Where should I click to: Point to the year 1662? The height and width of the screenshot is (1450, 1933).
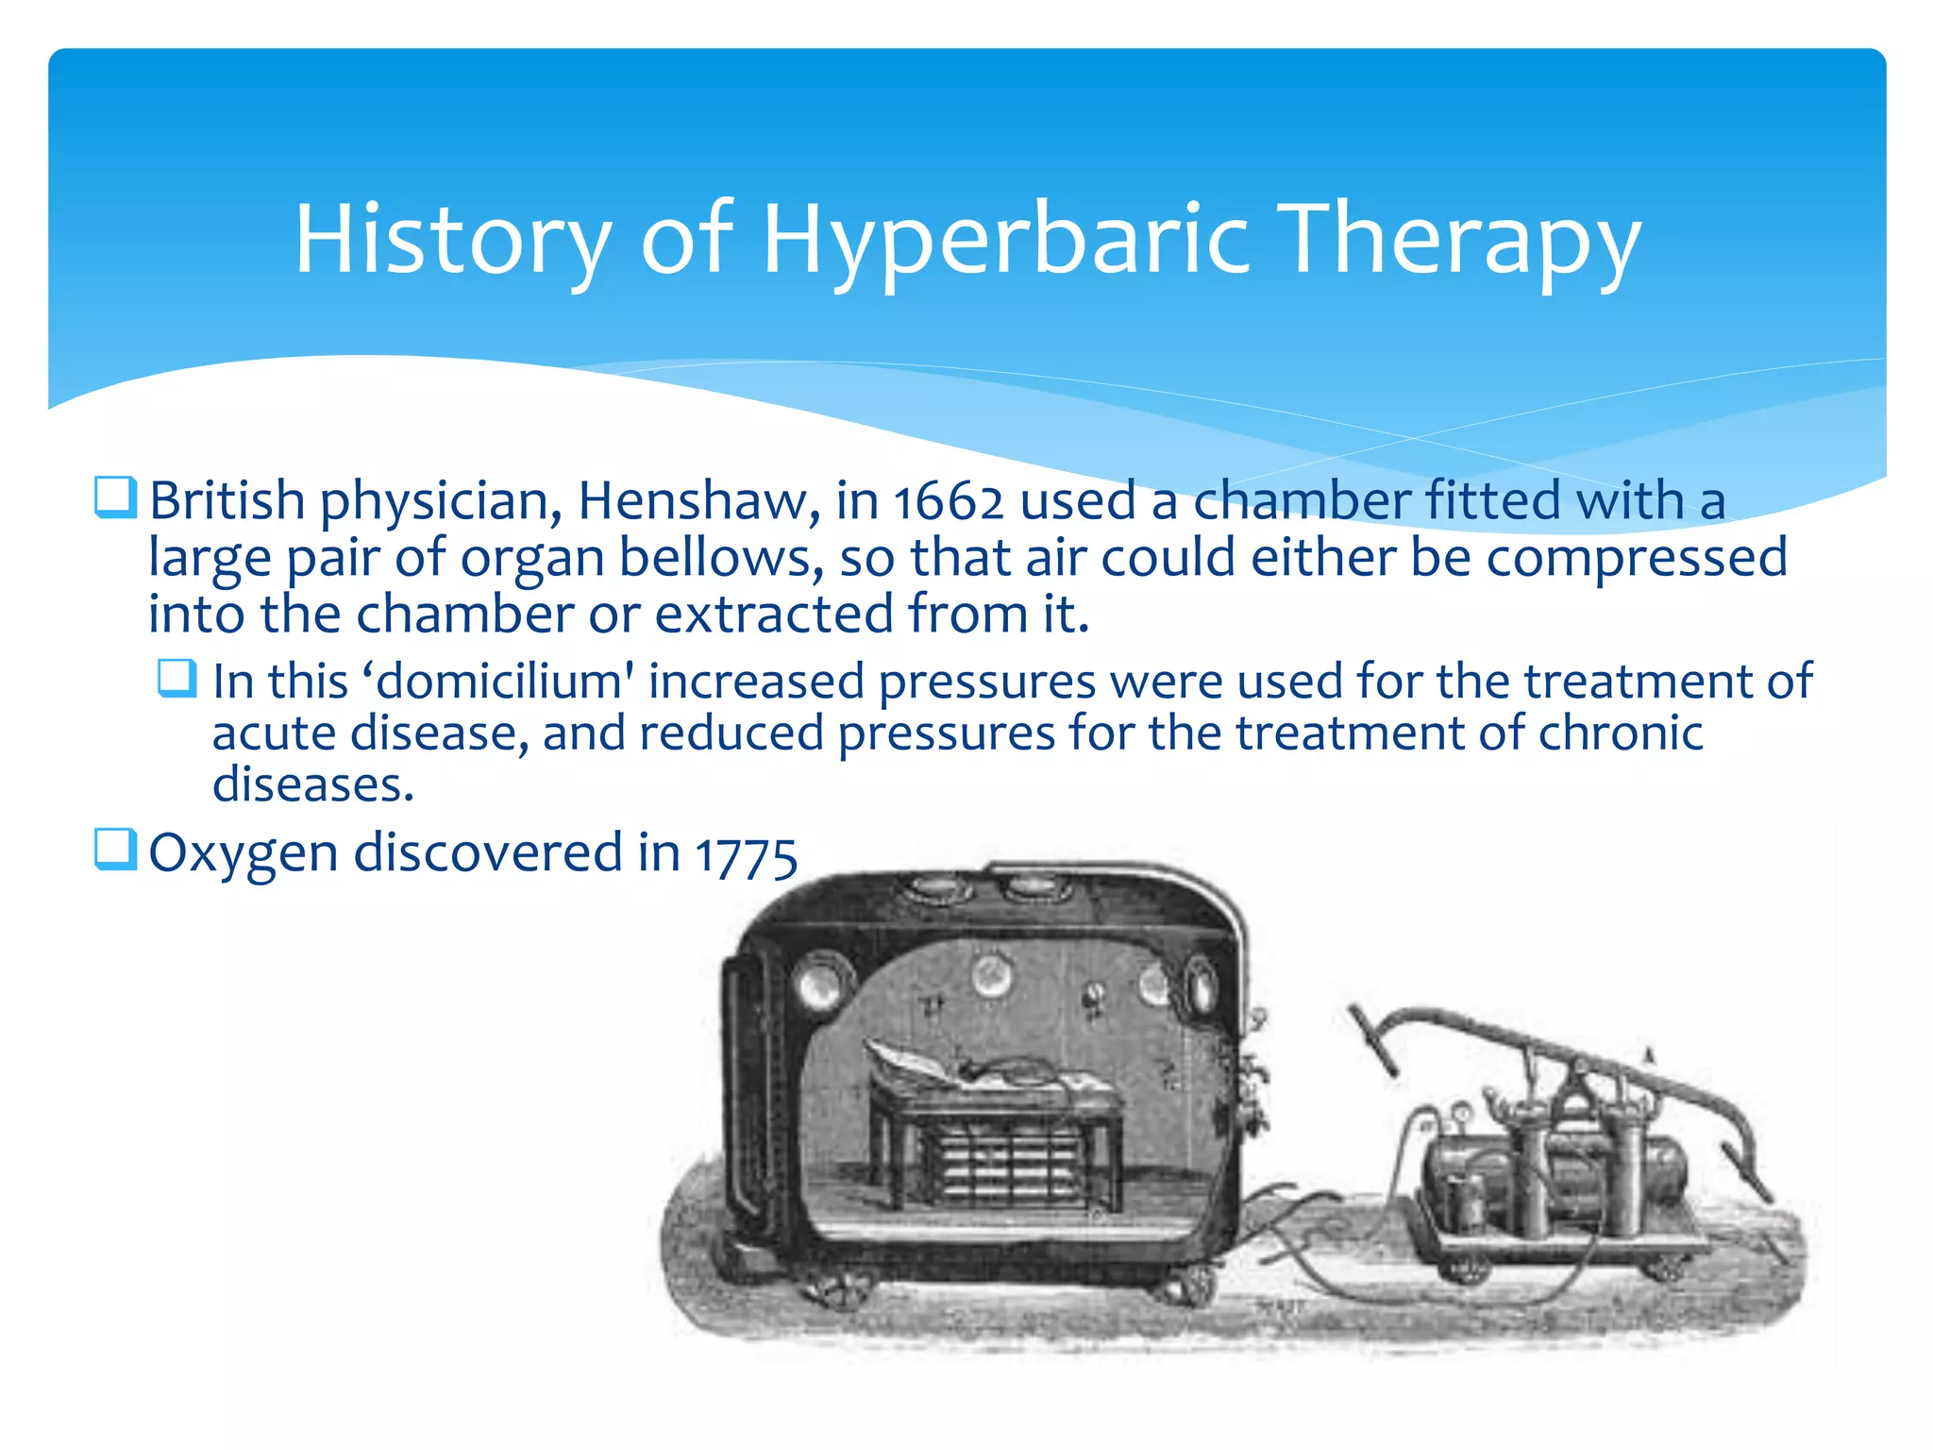(x=948, y=502)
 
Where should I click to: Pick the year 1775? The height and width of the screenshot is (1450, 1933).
(x=747, y=855)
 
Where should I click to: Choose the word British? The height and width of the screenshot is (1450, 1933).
(x=227, y=500)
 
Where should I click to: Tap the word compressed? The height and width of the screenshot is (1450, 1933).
(x=1637, y=557)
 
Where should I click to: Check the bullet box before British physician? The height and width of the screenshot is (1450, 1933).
(x=115, y=497)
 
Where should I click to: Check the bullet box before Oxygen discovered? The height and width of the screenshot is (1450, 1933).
(x=115, y=849)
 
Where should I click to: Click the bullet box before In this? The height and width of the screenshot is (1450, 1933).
(x=177, y=678)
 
